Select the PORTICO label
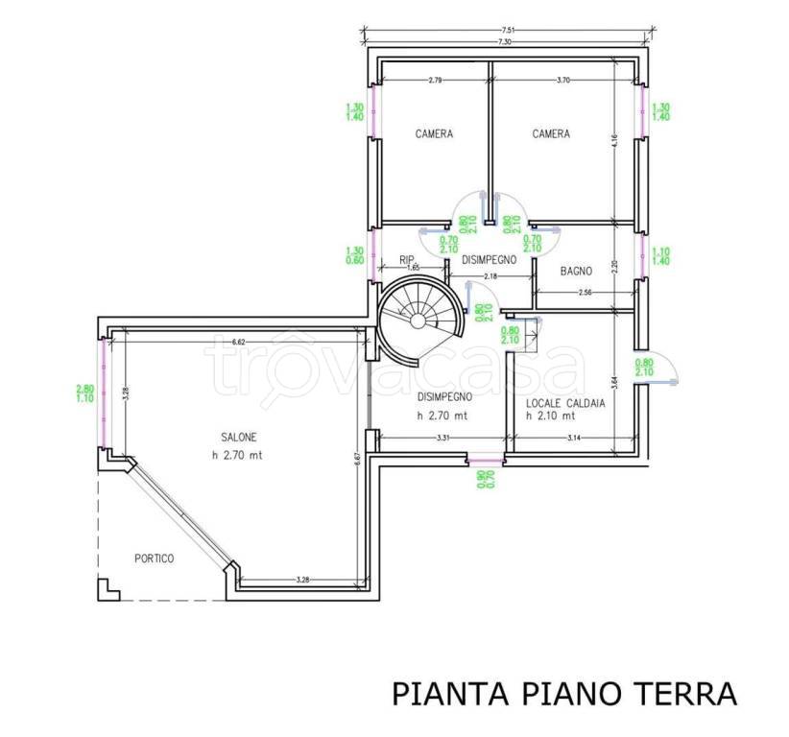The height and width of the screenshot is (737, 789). pyautogui.click(x=155, y=559)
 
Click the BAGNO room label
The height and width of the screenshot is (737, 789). pyautogui.click(x=576, y=272)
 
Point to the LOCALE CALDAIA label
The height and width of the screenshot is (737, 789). pyautogui.click(x=566, y=404)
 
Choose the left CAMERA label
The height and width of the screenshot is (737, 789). pyautogui.click(x=434, y=134)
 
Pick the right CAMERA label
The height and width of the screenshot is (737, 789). pyautogui.click(x=551, y=134)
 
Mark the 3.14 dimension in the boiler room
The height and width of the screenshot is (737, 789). pyautogui.click(x=574, y=439)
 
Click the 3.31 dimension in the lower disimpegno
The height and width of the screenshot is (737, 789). pyautogui.click(x=443, y=439)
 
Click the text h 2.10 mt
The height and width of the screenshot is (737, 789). pyautogui.click(x=551, y=417)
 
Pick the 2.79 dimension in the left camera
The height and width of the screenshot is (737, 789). pyautogui.click(x=435, y=80)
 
